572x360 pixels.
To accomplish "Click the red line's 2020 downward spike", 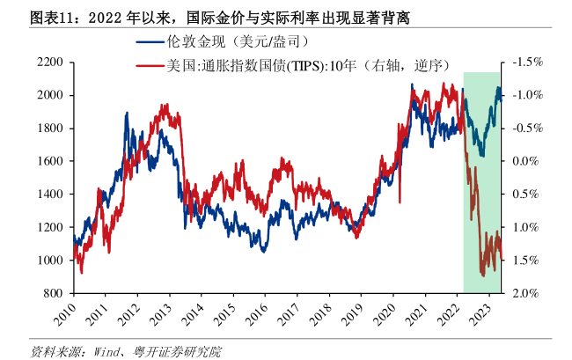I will (x=400, y=202).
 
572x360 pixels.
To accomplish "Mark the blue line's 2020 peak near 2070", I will (x=411, y=84).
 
